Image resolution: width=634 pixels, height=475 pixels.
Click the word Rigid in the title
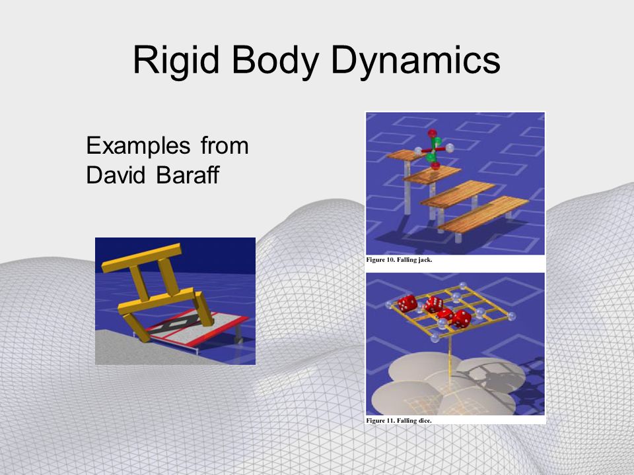tap(176, 61)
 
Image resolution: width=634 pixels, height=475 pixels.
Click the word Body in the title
tap(276, 61)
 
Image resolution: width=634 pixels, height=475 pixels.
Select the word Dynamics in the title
tap(415, 61)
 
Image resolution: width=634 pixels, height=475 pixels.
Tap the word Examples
tap(138, 145)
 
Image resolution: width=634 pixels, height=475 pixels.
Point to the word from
tap(225, 145)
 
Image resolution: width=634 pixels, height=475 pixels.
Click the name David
tap(116, 175)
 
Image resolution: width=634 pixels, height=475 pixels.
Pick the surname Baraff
tap(188, 175)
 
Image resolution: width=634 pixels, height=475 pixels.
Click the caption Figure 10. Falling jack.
tap(399, 260)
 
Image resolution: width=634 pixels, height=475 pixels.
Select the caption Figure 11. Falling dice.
tap(399, 420)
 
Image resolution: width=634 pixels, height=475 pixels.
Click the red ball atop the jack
tap(432, 133)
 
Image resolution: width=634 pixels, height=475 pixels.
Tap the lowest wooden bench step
tap(483, 214)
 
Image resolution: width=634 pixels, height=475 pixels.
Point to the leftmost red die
tap(407, 303)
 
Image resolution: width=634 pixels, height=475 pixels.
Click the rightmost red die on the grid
tap(462, 319)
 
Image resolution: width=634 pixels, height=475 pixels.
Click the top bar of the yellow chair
tap(141, 258)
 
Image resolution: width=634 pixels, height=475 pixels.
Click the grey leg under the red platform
tap(238, 334)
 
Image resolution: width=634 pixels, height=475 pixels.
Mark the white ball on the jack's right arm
tap(450, 148)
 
